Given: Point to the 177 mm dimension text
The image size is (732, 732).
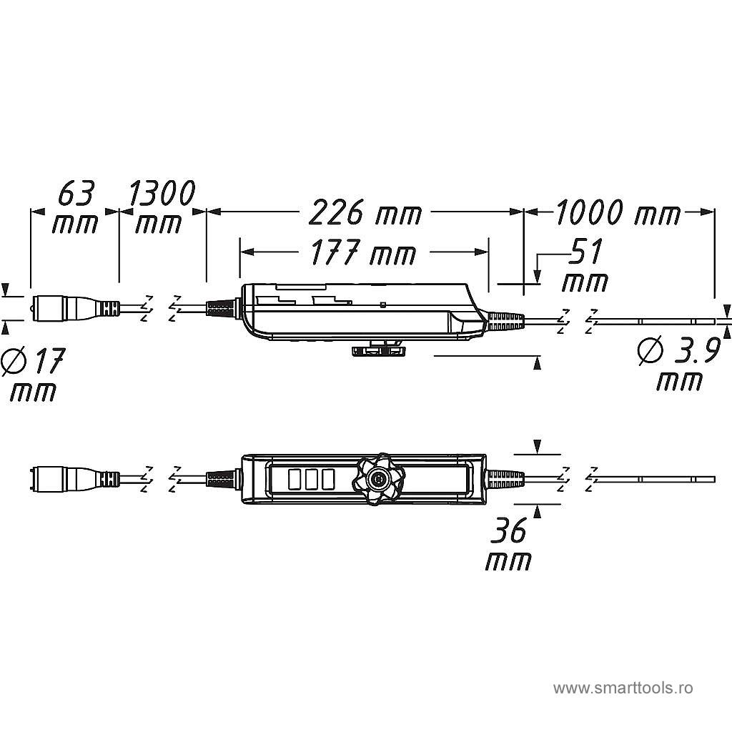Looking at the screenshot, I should [363, 253].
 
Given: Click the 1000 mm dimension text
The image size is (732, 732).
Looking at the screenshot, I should [618, 212].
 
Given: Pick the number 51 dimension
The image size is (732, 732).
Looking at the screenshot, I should [585, 252].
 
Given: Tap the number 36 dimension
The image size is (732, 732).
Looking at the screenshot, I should [508, 531].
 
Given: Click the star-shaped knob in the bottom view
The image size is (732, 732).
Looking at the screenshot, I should [377, 478].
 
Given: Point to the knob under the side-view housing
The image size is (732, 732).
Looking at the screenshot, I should [377, 349].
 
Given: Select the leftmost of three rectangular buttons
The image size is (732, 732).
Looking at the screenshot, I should [295, 478].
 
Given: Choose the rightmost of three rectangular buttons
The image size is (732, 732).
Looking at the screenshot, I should [328, 478].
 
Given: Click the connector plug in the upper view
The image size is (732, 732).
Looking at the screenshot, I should [64, 309].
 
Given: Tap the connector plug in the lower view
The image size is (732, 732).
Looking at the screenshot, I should [64, 478].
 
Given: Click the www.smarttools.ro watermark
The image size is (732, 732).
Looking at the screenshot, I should [623, 688].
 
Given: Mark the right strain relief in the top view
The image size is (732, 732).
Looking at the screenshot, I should [505, 322].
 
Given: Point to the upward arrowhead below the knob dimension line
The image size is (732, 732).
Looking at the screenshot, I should [538, 364].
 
